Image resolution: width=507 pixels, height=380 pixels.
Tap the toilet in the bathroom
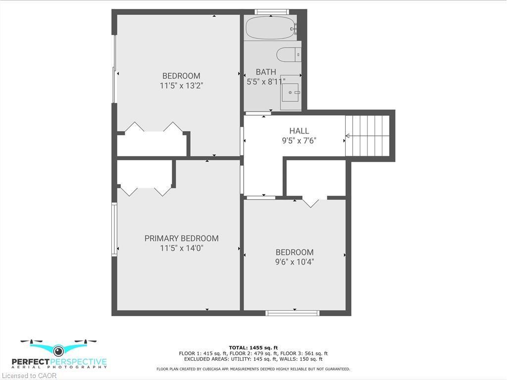(x=288, y=54)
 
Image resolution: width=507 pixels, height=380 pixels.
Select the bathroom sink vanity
(x=291, y=93)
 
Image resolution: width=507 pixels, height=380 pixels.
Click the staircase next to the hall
(x=367, y=136)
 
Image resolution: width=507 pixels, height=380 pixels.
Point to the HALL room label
(x=299, y=131)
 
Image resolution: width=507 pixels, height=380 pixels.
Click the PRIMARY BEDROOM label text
(x=181, y=238)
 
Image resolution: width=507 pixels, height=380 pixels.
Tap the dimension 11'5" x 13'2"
(x=181, y=86)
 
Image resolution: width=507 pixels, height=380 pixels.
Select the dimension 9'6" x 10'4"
(x=295, y=262)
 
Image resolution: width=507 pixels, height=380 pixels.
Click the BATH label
(x=266, y=72)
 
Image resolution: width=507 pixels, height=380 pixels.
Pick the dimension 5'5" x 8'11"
(x=266, y=82)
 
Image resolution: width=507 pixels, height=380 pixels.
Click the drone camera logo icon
(x=58, y=350)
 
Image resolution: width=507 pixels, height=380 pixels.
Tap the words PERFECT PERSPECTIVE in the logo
(x=64, y=362)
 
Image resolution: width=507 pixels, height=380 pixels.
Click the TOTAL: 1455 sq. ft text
(x=253, y=347)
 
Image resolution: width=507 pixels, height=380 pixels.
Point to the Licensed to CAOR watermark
(x=29, y=376)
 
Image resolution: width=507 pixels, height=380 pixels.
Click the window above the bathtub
(x=271, y=11)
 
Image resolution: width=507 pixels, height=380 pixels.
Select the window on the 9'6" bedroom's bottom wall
(x=292, y=313)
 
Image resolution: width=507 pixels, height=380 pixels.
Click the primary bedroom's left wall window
(x=114, y=229)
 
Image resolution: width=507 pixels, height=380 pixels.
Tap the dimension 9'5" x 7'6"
(x=299, y=141)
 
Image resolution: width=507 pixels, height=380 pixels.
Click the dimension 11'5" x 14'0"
(x=181, y=248)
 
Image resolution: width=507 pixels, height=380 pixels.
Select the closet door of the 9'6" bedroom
(x=311, y=201)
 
